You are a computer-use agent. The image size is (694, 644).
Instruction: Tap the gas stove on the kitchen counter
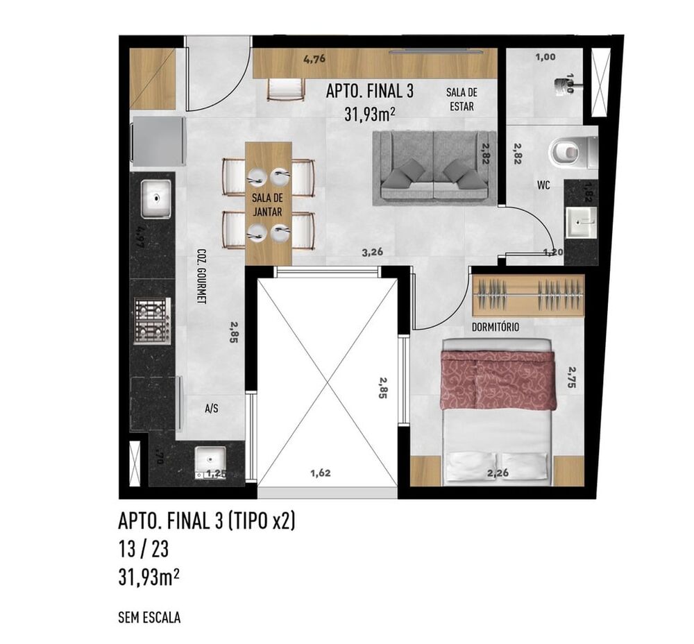click(153, 320)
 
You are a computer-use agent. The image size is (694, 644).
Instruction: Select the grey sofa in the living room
click(434, 168)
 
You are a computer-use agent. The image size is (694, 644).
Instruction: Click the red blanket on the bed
click(498, 380)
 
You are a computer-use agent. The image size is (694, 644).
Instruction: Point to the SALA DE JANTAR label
click(268, 205)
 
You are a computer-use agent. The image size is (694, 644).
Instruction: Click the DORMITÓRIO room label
click(495, 326)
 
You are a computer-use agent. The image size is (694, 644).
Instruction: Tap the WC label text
click(543, 186)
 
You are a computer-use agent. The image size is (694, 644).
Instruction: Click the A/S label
click(212, 409)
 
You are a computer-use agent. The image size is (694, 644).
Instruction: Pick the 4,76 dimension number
click(314, 60)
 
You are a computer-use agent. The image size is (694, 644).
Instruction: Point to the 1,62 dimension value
click(320, 474)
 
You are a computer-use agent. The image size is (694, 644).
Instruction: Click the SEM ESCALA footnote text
click(149, 617)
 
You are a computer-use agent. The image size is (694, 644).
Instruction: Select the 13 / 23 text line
click(144, 550)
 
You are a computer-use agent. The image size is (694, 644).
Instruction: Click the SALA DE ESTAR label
click(462, 100)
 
